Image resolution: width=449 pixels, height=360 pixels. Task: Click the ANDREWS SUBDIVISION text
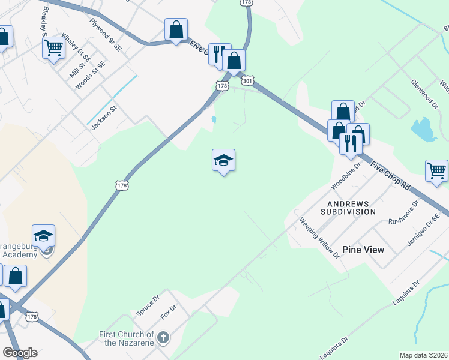348,208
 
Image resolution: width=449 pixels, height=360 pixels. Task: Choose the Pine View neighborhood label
363,249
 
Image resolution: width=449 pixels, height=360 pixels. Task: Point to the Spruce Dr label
147,305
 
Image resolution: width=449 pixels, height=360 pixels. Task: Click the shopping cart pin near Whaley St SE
53,47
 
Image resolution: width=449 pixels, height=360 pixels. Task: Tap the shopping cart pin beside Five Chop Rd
436,170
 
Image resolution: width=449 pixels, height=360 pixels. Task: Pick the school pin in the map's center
223,160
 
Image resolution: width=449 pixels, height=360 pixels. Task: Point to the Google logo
20,353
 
